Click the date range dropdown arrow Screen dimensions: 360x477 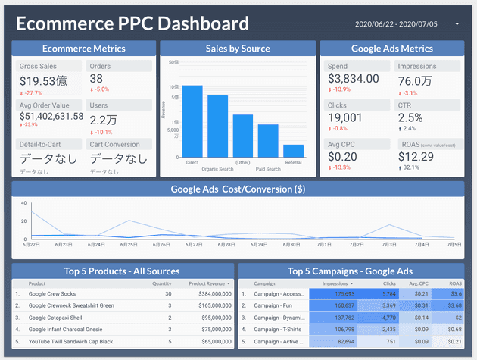[x=457, y=24]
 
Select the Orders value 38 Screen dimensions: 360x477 [x=96, y=79]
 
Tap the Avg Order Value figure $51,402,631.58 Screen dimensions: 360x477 [x=51, y=116]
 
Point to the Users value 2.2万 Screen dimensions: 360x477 [x=103, y=119]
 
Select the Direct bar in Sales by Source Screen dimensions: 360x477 [x=192, y=120]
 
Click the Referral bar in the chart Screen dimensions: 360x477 [x=293, y=149]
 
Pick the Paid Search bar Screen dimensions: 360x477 [x=268, y=139]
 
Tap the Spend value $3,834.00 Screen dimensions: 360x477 [x=353, y=79]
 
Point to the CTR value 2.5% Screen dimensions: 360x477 [x=410, y=117]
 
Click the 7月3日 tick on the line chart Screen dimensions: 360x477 [x=389, y=245]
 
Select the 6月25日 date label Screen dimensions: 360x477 [x=128, y=245]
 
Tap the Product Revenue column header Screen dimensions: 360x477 [x=207, y=283]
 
